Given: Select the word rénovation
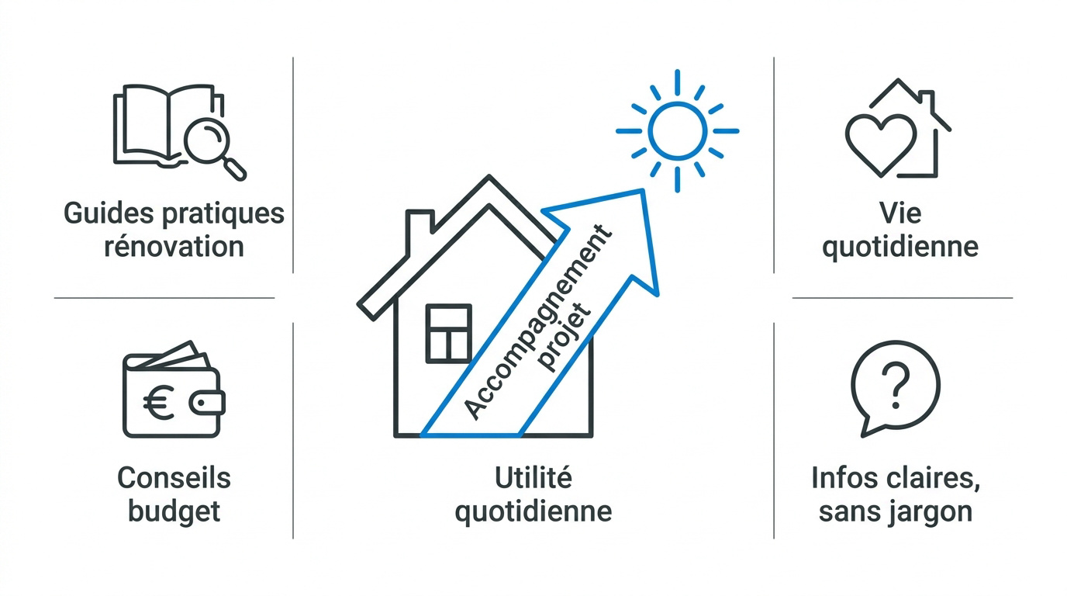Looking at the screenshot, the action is click(174, 247).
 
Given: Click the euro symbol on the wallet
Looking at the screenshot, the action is click(159, 402).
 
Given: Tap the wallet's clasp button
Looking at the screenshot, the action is click(207, 403).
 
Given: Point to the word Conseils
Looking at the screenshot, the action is click(174, 478).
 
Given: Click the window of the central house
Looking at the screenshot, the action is click(448, 333).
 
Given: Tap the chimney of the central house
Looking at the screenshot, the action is click(420, 233).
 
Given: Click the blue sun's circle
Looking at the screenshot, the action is click(677, 130).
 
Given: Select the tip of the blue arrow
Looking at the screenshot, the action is click(644, 190).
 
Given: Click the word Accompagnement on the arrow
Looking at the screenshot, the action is click(537, 322).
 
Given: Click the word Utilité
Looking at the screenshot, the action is click(533, 478).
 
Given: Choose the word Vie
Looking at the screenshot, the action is click(900, 213).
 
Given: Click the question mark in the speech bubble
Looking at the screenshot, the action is click(896, 385).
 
